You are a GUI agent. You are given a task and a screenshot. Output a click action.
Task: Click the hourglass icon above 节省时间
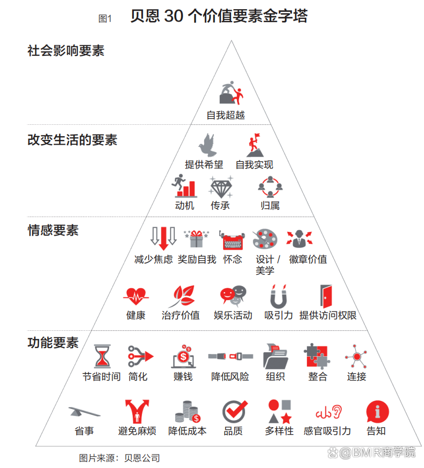coord(102,356)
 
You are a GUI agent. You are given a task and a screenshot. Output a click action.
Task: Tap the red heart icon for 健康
coord(136,296)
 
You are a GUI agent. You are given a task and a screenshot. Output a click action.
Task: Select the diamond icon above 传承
coord(221,187)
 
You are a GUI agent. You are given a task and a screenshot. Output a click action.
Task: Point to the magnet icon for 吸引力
coord(278,296)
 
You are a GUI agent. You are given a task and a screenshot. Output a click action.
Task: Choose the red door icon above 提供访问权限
coord(326,296)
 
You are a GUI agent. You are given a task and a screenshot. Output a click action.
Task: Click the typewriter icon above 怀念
coord(233,240)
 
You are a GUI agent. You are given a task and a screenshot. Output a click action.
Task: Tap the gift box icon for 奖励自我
coord(196,239)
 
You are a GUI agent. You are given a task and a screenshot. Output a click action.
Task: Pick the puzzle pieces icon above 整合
coord(317,356)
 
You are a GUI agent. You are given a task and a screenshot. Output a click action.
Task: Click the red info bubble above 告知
coord(377,412)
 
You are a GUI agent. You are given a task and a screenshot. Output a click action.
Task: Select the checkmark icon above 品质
coord(235,412)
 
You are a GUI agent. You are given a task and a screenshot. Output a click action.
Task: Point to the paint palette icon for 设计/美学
coord(265,239)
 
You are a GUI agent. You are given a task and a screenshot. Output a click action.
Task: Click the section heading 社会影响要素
coord(66,51)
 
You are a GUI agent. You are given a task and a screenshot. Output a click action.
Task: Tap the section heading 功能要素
coord(53,343)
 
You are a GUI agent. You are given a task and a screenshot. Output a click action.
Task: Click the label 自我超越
coord(226,115)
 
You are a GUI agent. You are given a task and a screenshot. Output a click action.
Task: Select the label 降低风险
coord(230,377)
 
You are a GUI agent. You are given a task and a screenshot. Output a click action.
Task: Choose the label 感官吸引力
coord(327,431)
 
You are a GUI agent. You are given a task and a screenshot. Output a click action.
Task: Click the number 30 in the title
coord(174,16)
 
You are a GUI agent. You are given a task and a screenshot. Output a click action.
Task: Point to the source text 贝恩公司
coord(142,458)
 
